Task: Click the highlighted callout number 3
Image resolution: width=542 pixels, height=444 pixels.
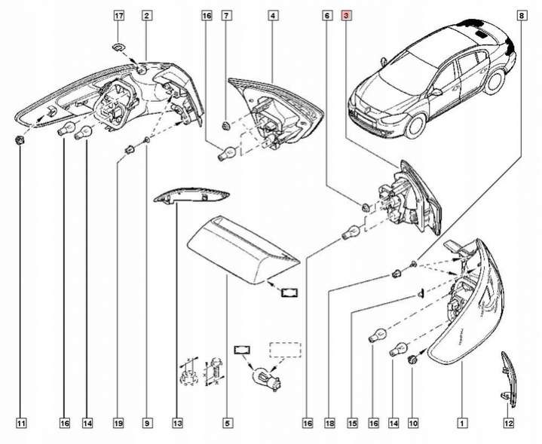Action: pos(345,15)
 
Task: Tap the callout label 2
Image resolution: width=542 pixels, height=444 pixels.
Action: pos(145,15)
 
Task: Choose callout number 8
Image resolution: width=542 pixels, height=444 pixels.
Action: pos(522,15)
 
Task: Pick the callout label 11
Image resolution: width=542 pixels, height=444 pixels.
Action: pos(21,424)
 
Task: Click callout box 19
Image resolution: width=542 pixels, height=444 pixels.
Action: pos(118,424)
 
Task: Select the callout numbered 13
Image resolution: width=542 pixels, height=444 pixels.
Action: pos(177,424)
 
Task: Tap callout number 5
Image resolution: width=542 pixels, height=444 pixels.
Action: pos(227,424)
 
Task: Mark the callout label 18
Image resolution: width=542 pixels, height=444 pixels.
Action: pos(329,424)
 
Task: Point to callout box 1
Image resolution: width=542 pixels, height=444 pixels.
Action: pos(461,424)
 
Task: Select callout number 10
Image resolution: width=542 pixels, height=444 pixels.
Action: pos(413,424)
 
